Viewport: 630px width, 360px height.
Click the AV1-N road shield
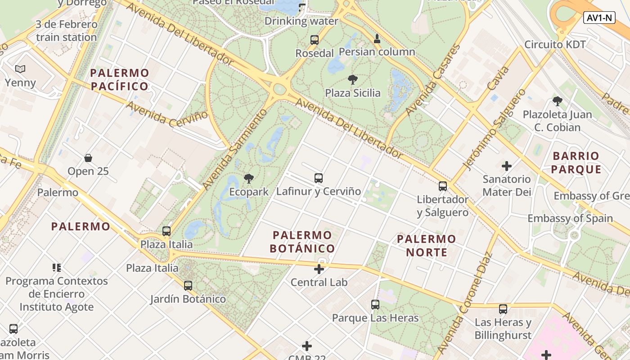600,18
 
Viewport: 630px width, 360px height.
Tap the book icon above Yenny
20,69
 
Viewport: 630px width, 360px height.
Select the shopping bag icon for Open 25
88,158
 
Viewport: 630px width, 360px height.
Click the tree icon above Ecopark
248,179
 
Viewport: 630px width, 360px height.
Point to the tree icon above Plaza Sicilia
353,80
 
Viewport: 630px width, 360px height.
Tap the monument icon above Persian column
377,39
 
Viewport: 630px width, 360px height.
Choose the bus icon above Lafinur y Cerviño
319,178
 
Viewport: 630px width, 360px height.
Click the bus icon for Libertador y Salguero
443,186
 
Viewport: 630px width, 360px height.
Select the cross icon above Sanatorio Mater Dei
507,166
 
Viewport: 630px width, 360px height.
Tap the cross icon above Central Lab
319,269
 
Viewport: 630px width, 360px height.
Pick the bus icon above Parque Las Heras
375,305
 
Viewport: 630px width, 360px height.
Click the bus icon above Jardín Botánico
188,286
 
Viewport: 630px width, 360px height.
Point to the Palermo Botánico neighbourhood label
302,242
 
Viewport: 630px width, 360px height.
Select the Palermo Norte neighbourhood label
427,245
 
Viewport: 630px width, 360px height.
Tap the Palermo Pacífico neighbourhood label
119,79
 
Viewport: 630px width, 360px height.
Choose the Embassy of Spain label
570,218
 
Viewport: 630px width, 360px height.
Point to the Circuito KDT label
555,45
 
